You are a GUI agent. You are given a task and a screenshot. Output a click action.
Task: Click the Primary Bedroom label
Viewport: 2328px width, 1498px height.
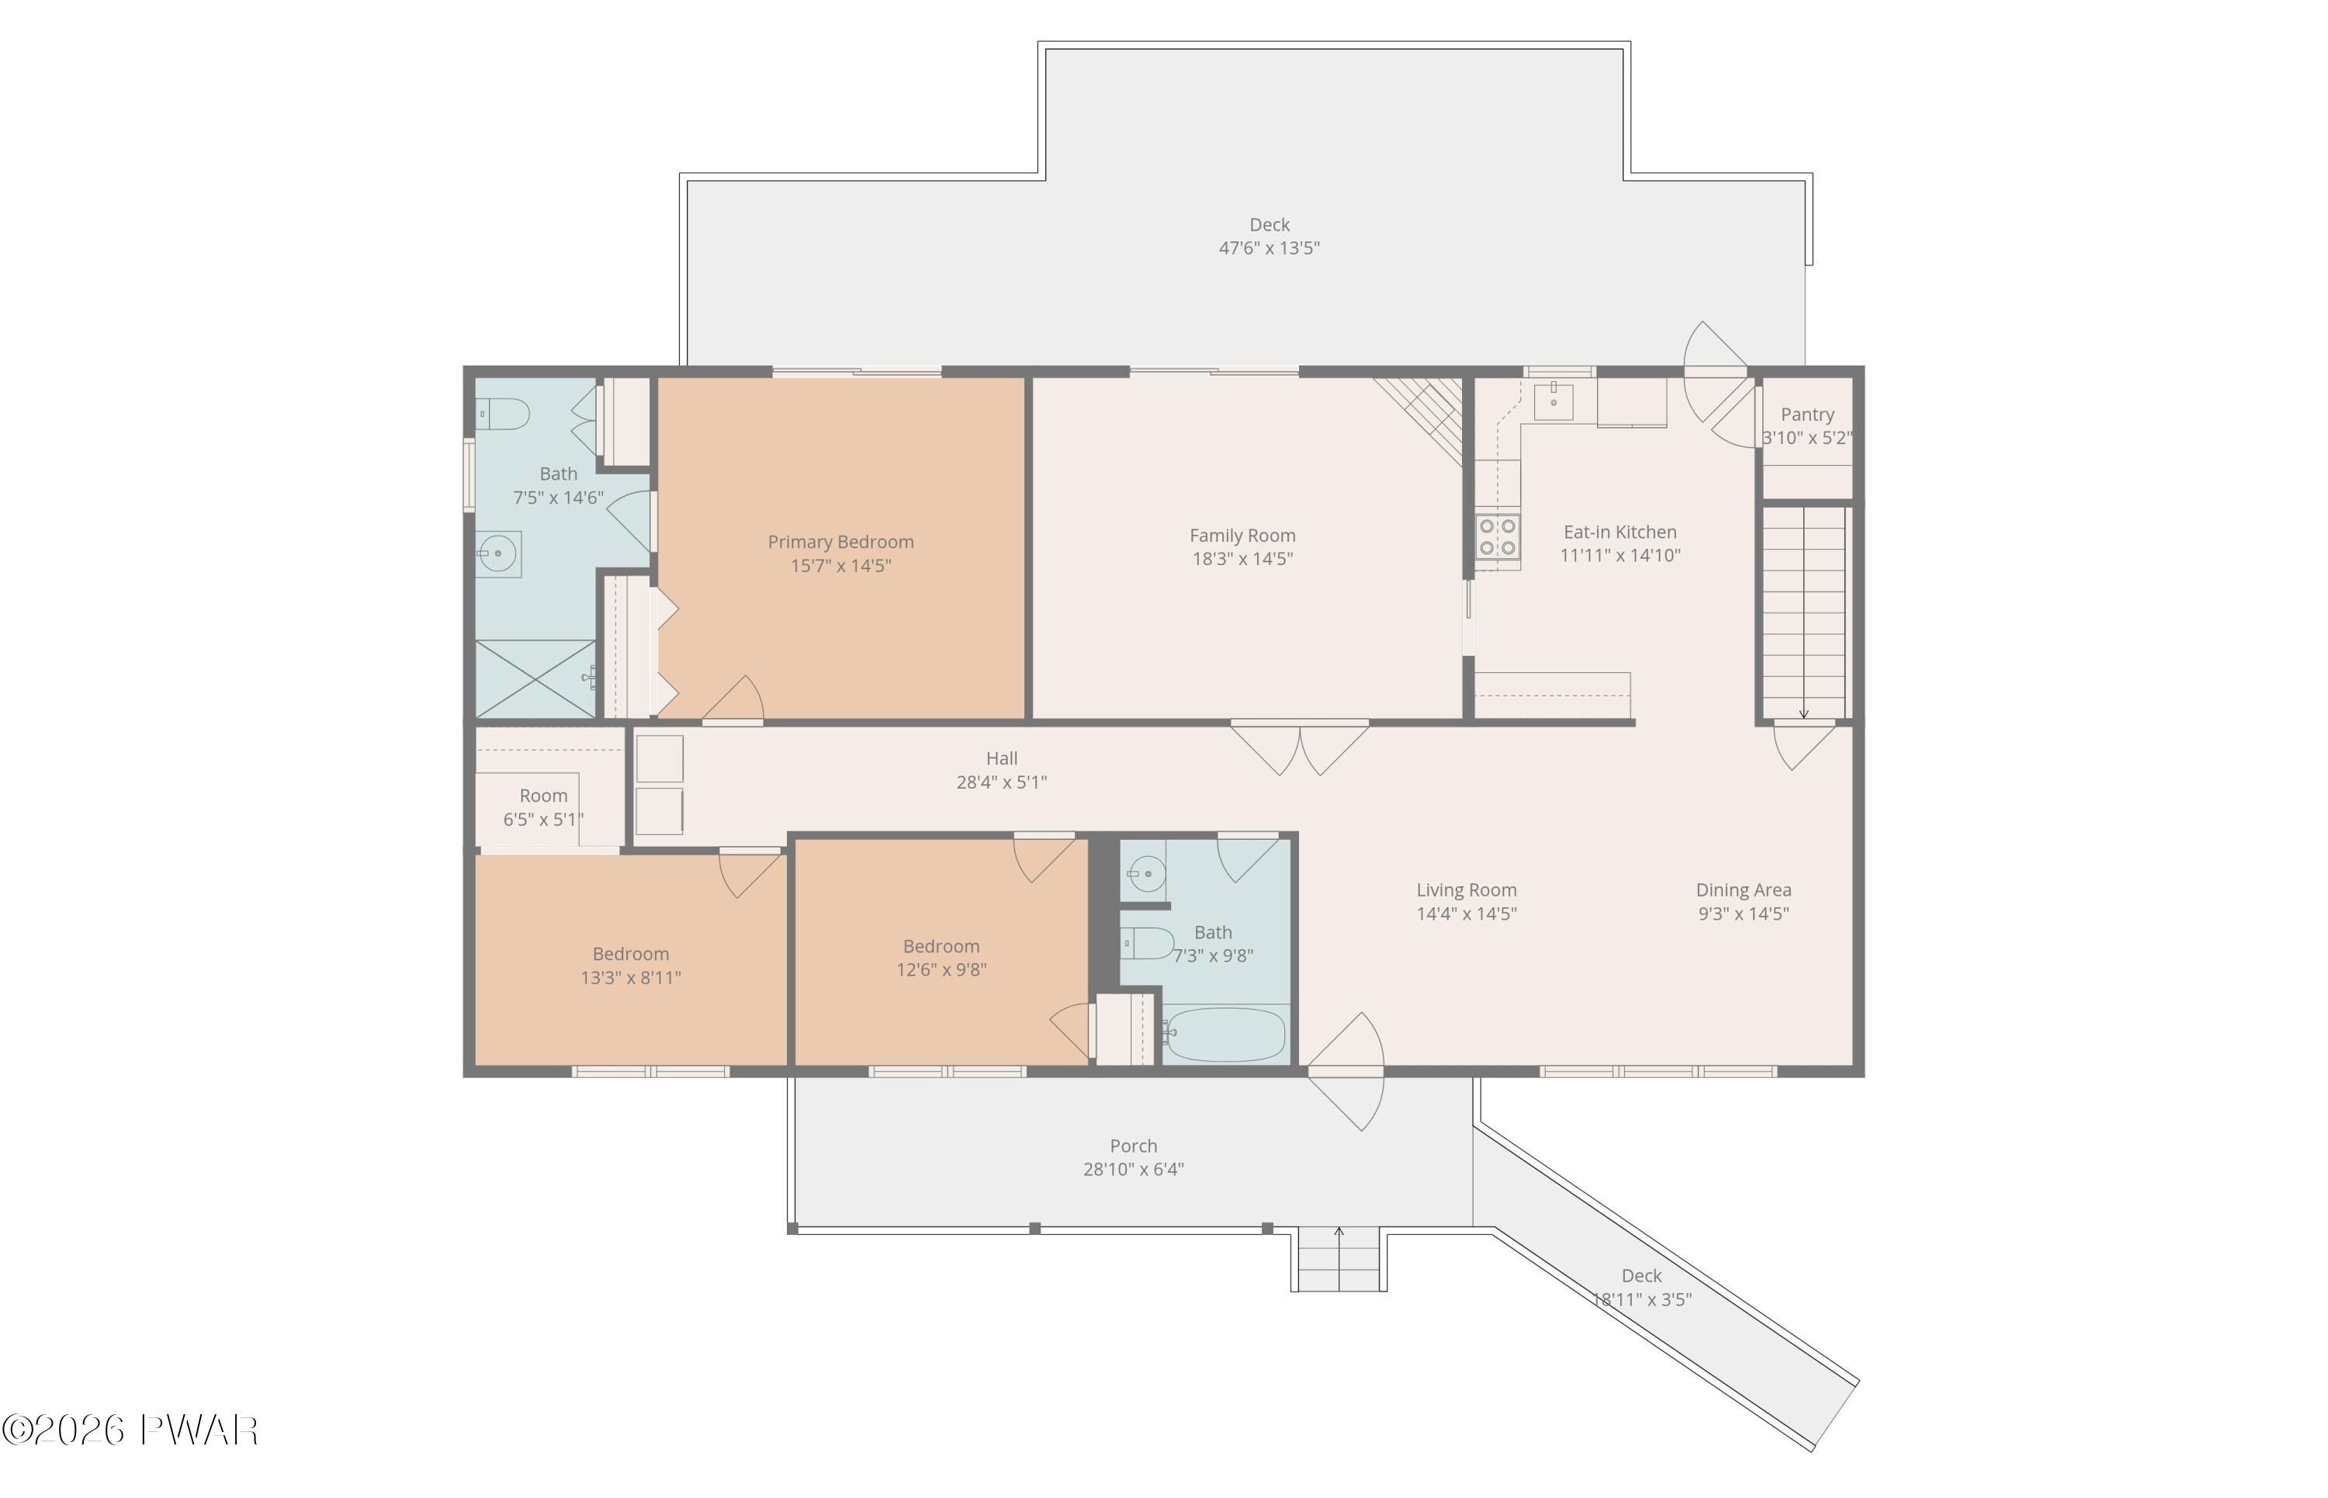(840, 542)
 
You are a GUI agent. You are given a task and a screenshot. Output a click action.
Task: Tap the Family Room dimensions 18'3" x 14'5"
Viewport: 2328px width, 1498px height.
(1243, 558)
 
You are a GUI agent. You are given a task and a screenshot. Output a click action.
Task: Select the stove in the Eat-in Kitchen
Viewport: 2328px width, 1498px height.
(1498, 537)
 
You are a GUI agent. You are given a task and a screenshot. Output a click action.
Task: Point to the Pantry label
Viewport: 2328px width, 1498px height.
(1807, 414)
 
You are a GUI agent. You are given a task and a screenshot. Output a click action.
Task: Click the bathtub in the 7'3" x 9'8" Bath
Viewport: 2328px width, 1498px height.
(1225, 1034)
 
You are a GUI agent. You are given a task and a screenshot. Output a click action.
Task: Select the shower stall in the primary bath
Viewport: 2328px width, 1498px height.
(535, 679)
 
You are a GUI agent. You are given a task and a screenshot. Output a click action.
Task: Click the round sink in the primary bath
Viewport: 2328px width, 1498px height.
(498, 554)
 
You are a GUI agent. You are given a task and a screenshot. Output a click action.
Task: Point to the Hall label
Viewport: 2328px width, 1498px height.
(1002, 758)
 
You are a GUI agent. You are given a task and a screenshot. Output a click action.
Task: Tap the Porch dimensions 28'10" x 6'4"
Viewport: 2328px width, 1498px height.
(1133, 1169)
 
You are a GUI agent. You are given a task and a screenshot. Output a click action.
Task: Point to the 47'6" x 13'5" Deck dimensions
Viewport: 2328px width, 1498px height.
(1269, 248)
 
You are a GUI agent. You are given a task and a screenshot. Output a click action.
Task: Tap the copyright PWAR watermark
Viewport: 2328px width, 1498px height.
(130, 1430)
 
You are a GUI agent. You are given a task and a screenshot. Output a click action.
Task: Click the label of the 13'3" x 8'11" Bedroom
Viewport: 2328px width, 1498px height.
(631, 954)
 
